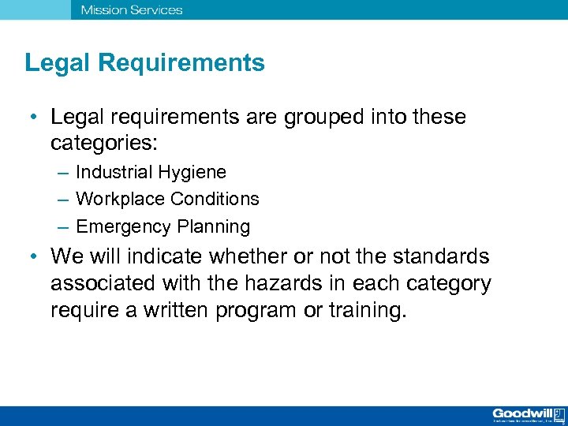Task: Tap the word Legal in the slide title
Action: click(50, 63)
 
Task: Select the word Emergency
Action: click(123, 227)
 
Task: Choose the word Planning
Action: click(213, 227)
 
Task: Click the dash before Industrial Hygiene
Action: click(62, 173)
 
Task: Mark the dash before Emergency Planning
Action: click(62, 227)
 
